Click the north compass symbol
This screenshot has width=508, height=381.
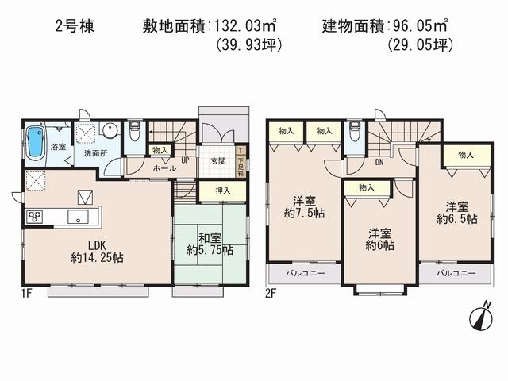coord(479,316)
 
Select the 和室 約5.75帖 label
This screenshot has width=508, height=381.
coord(210,243)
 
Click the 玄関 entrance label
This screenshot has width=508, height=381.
coord(218,161)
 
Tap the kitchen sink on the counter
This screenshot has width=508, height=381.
coord(78,216)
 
